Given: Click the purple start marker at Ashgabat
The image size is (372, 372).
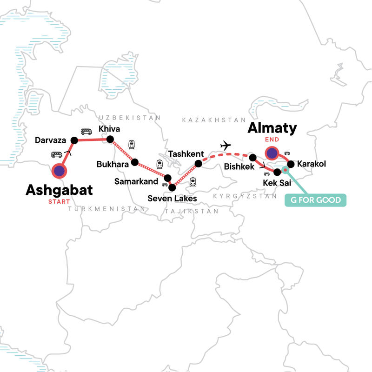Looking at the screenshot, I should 59,171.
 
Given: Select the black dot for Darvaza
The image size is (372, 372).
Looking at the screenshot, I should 73,140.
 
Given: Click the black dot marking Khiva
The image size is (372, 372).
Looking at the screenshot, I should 111,139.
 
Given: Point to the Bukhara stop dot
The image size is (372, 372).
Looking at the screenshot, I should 135,162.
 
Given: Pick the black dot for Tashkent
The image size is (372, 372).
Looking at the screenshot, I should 199,163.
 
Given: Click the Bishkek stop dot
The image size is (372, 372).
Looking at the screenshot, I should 253,158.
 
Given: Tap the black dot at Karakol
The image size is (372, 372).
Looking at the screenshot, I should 290,164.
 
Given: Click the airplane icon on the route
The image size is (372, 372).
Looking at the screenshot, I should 226,146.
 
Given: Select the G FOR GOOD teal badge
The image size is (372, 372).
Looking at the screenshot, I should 316,201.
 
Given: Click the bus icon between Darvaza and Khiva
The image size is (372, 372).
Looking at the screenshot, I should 86,132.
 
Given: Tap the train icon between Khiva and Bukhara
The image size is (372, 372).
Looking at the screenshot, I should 132,145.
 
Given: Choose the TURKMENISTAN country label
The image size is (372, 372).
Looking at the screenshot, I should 107,209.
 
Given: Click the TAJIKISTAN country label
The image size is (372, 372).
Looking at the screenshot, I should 191,211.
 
